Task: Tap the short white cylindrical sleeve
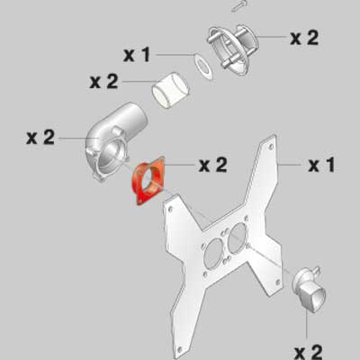click(170, 90)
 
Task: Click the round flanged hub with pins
click(232, 49)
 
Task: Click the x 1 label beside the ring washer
click(137, 55)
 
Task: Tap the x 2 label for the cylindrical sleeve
click(103, 82)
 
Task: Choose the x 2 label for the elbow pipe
click(40, 138)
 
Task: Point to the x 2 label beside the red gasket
click(212, 165)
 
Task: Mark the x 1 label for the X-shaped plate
click(321, 165)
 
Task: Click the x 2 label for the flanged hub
click(304, 38)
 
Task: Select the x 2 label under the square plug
click(308, 353)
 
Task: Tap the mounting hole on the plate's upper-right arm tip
click(271, 147)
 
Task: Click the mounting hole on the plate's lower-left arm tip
click(180, 349)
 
